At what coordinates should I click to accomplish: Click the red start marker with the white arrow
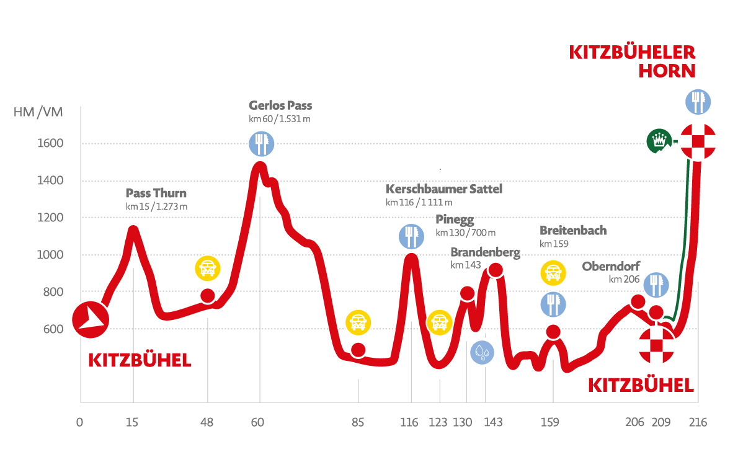point(91,320)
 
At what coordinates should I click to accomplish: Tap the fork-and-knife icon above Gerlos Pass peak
point(261,143)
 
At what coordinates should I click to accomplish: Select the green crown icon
point(659,141)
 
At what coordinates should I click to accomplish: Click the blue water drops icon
point(482,353)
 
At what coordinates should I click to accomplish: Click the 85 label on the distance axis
point(358,423)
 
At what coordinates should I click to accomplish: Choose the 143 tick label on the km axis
point(493,423)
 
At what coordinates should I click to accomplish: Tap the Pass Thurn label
point(156,193)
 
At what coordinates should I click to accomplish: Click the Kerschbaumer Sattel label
point(444,189)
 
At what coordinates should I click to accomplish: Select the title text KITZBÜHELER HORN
point(633,61)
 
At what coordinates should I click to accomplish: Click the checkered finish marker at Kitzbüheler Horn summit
point(698,141)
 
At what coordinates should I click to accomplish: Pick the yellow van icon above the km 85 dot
point(358,322)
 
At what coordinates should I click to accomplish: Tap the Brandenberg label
point(485,252)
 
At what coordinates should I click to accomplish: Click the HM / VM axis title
point(38,112)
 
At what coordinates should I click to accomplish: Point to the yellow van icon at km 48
point(208,268)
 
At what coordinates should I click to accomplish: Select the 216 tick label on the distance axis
point(698,423)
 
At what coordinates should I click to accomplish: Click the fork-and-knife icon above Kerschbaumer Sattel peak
point(411,236)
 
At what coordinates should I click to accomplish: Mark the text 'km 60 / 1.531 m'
point(279,118)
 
